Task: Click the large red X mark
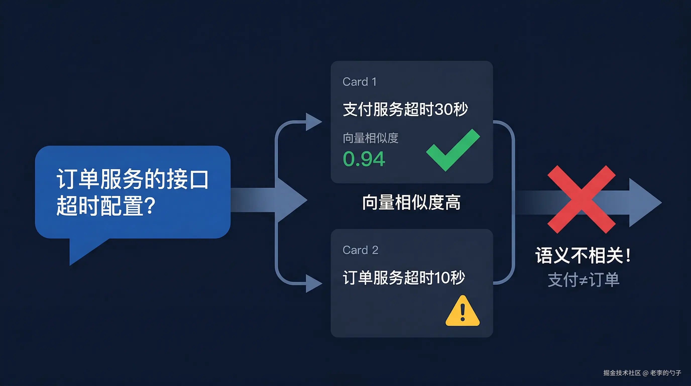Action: tap(581, 199)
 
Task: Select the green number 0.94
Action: tap(364, 159)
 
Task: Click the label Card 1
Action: tap(360, 82)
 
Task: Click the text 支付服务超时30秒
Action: tap(405, 110)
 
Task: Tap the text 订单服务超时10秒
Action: tap(404, 277)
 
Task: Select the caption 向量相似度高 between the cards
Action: tap(411, 203)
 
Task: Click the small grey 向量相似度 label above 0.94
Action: tap(370, 138)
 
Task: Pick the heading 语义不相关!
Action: tap(583, 256)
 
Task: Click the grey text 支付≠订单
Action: tap(584, 280)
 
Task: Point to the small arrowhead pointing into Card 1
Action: tap(313, 122)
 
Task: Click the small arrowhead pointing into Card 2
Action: tap(313, 283)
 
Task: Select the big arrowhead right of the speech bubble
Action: tap(292, 200)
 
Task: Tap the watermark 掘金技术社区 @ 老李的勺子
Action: tap(642, 373)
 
